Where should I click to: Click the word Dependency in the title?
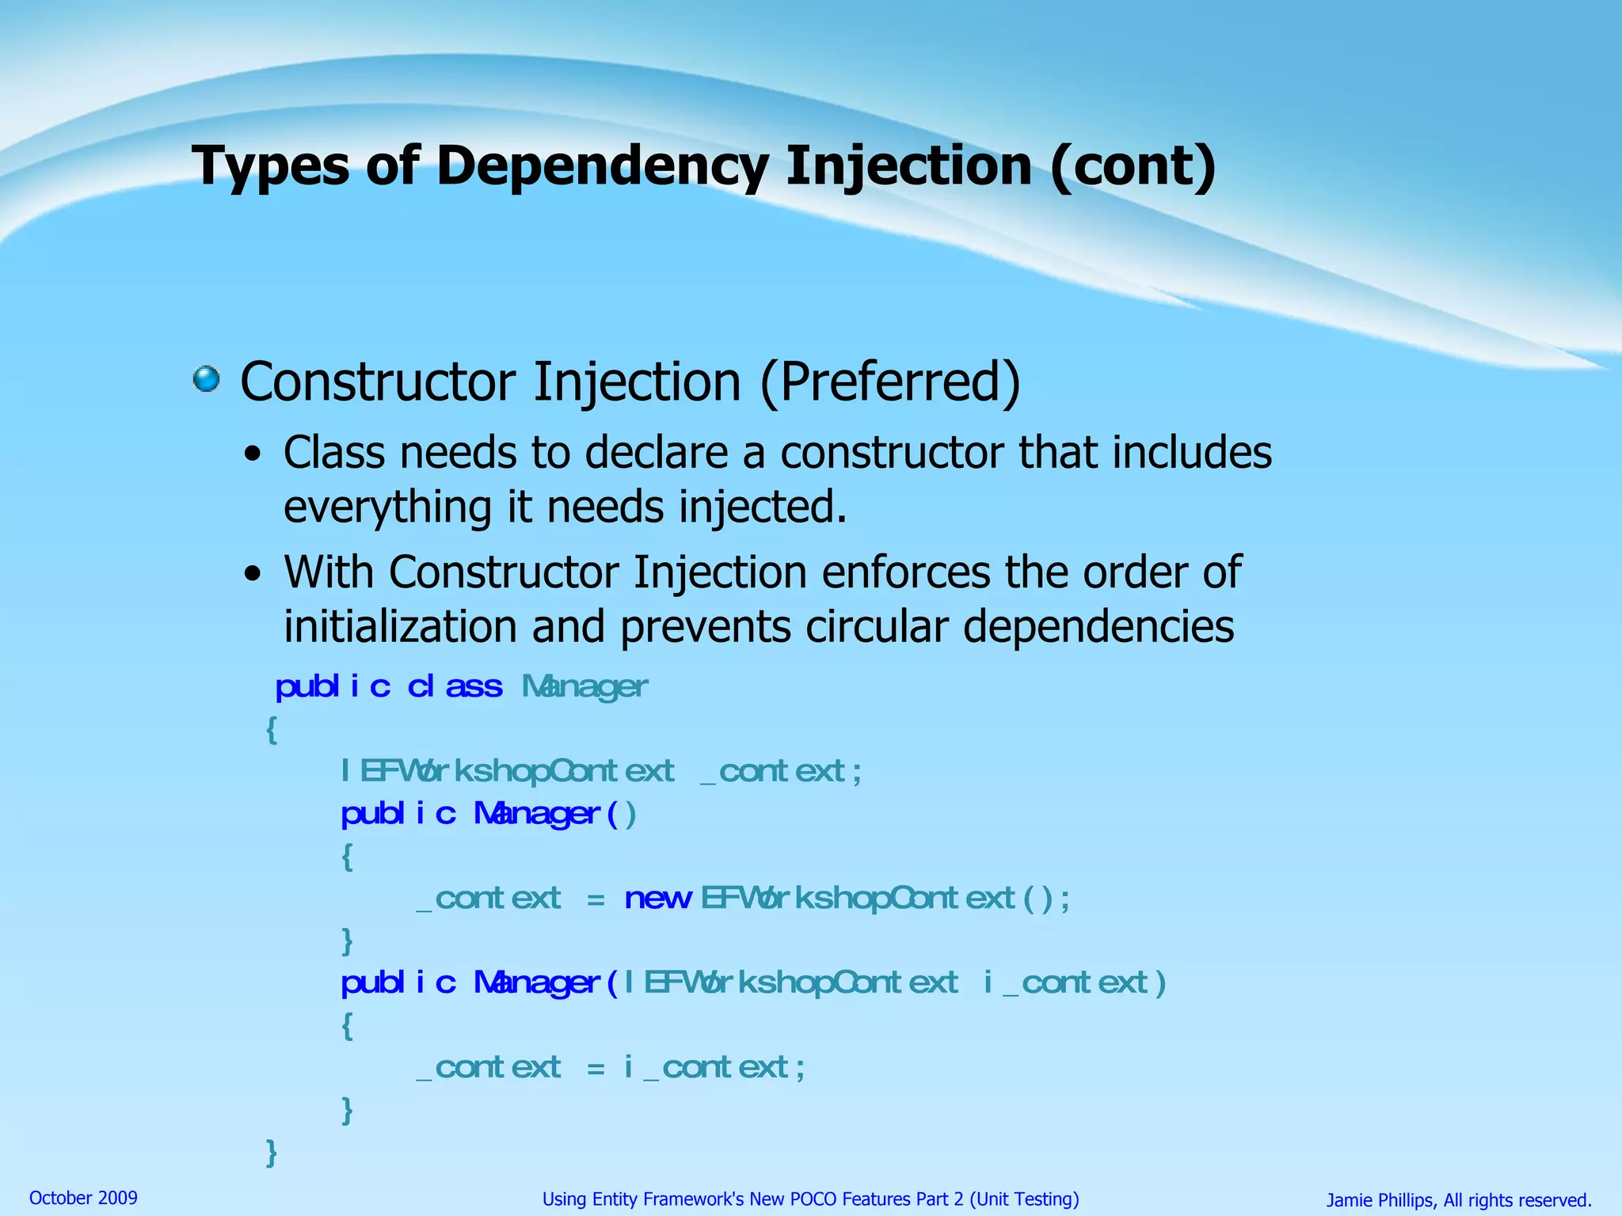coord(602,167)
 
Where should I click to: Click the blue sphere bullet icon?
coord(207,378)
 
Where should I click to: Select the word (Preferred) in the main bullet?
coord(890,382)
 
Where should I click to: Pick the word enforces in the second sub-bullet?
coord(906,572)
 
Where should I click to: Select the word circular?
coord(877,626)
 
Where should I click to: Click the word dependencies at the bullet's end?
coord(1098,626)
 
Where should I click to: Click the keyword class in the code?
coord(455,686)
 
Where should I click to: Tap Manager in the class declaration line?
coord(584,686)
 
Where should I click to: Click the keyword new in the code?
coord(657,899)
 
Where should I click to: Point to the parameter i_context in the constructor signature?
coord(1074,982)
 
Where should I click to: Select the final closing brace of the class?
coord(271,1153)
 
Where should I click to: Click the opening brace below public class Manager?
coord(271,729)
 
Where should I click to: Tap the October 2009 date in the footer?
coord(83,1198)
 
